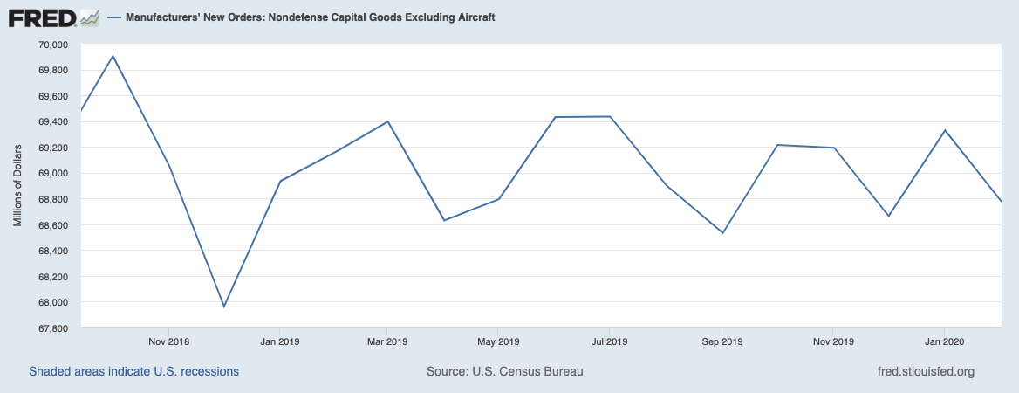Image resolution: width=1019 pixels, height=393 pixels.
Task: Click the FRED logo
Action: (53, 17)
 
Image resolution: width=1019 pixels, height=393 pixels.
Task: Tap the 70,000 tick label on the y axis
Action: (54, 45)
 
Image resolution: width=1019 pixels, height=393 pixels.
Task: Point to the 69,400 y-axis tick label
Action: (54, 122)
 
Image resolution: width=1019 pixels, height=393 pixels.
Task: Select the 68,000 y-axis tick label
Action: (54, 303)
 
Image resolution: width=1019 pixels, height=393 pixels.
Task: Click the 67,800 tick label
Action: (54, 329)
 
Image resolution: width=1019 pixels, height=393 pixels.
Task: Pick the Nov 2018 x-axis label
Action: (169, 341)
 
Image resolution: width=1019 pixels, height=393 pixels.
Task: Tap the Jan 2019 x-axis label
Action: (279, 341)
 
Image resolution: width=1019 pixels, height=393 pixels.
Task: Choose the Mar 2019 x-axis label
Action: (386, 341)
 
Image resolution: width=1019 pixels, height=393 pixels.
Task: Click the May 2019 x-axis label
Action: (498, 341)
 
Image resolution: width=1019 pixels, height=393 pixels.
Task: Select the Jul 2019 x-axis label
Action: (609, 341)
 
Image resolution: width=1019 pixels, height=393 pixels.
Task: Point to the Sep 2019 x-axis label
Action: (722, 341)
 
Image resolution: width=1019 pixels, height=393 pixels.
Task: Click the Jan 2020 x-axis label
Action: (943, 341)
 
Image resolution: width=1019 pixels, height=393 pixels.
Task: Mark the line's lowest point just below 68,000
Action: (224, 307)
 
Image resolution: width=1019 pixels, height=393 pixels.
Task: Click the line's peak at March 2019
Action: (387, 121)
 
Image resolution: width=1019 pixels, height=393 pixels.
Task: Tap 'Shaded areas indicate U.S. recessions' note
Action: (133, 371)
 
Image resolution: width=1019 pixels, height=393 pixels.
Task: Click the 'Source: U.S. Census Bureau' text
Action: (504, 371)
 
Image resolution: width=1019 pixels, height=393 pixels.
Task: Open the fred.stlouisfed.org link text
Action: (926, 371)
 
